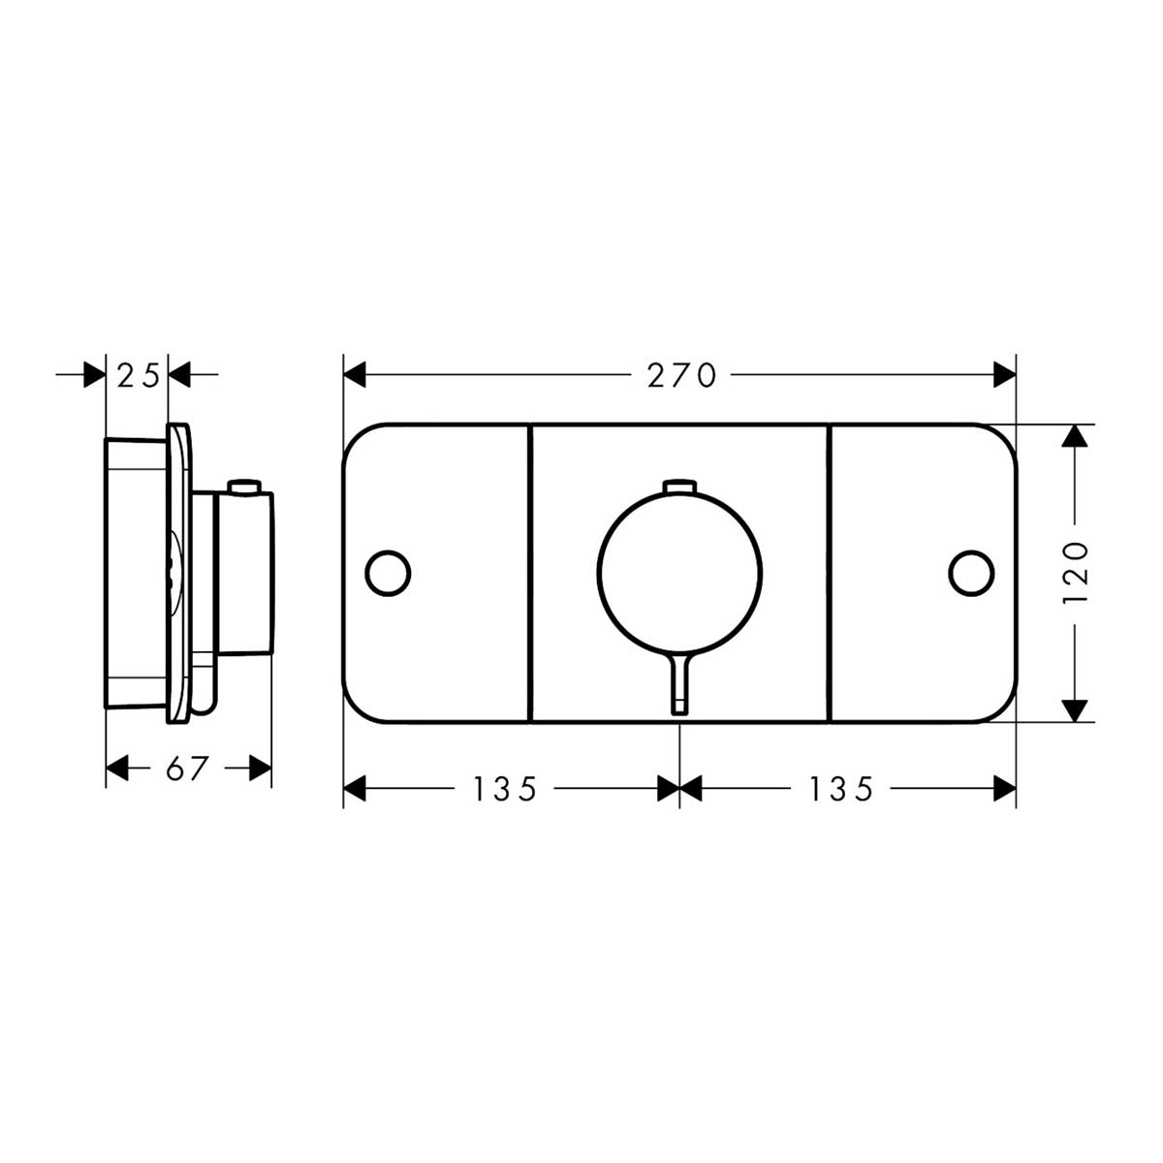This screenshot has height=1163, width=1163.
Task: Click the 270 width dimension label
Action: click(x=681, y=374)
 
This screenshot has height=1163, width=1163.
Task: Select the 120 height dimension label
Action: click(x=1076, y=574)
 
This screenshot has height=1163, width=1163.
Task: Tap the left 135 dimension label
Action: click(x=504, y=789)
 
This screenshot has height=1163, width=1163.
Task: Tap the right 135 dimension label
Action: click(x=840, y=789)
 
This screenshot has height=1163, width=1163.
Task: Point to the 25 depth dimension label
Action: click(x=137, y=374)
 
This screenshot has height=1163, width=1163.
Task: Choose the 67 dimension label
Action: click(x=187, y=768)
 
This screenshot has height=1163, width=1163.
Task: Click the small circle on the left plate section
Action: click(x=388, y=573)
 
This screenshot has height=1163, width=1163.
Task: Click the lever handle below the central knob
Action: click(x=679, y=683)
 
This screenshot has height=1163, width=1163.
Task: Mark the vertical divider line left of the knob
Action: click(x=530, y=574)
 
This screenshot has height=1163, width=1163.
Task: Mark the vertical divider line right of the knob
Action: click(x=830, y=574)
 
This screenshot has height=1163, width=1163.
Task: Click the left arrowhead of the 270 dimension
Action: click(x=355, y=373)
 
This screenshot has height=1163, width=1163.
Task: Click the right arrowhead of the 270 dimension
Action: click(x=1004, y=373)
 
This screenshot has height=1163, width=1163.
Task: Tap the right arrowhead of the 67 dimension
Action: click(x=260, y=768)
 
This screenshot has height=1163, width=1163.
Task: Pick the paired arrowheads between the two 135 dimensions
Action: click(x=679, y=789)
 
